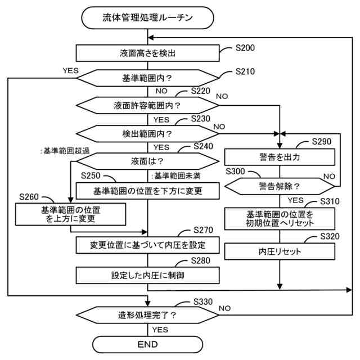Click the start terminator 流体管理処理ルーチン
(148, 17)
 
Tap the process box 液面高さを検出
(147, 53)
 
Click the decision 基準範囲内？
(147, 78)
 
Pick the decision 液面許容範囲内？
(147, 105)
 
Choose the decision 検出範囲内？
(147, 134)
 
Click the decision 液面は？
(147, 161)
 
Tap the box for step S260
(71, 214)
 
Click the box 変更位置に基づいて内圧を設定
(147, 245)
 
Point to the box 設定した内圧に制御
(147, 275)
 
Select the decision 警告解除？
(280, 185)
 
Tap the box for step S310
(280, 218)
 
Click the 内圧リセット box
(280, 251)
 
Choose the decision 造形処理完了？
(147, 314)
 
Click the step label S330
(201, 301)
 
